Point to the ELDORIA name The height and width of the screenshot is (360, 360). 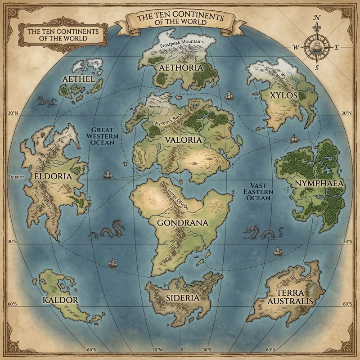[53, 176]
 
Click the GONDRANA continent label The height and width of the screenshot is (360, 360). [182, 222]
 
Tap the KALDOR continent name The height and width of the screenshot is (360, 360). [60, 300]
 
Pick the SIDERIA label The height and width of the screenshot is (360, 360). [182, 298]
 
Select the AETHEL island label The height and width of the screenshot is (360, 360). [79, 80]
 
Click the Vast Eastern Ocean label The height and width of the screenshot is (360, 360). [258, 191]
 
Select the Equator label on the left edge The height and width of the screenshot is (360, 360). [15, 177]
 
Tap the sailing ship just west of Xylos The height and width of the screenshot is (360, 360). [229, 95]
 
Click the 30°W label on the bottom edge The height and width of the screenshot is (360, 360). [157, 349]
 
